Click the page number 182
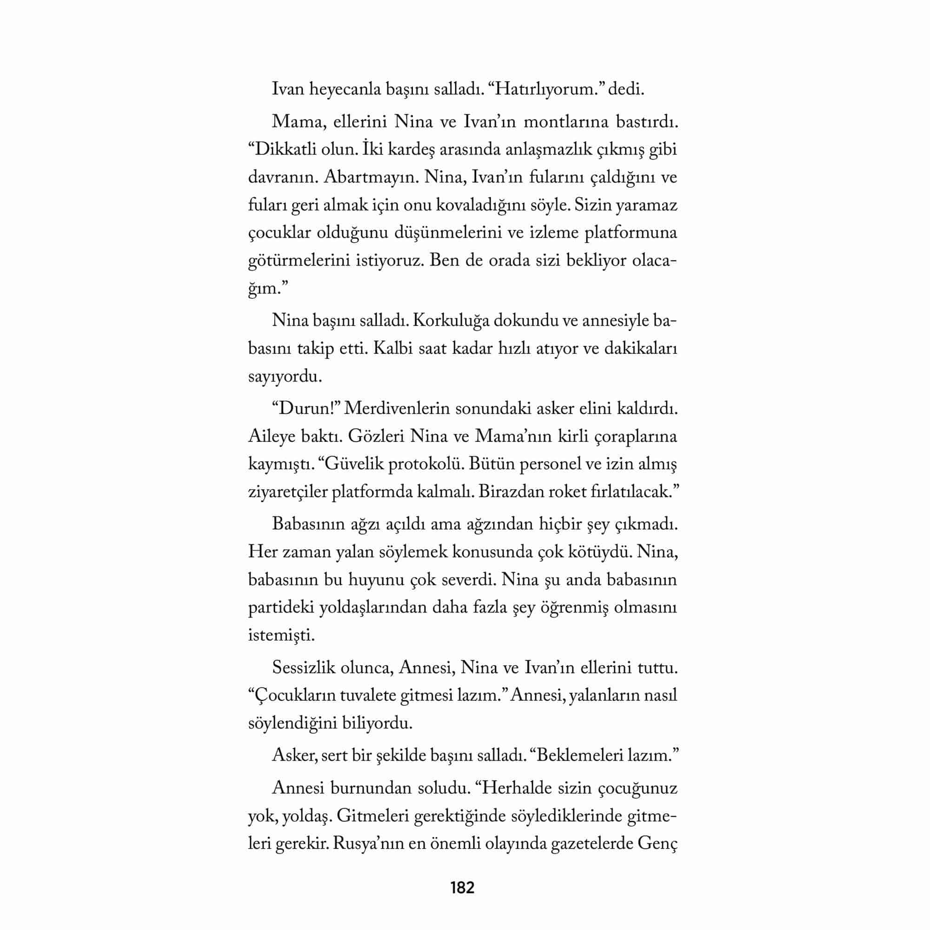[x=462, y=887]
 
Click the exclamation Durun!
[x=306, y=409]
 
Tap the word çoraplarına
[x=636, y=437]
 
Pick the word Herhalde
[x=514, y=789]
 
